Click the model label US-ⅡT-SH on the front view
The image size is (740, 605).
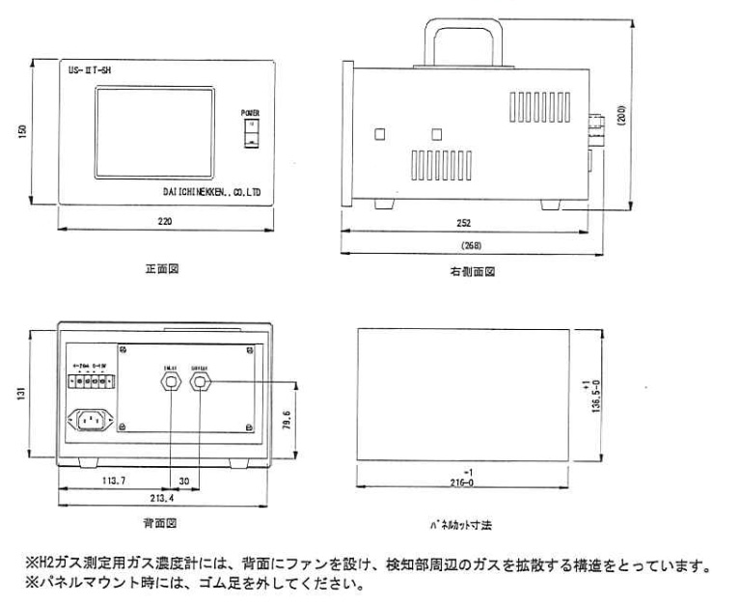coord(91,70)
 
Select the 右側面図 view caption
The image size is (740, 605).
coord(472,273)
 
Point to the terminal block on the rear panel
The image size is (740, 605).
coord(92,380)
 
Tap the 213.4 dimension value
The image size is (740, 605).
coord(162,501)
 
